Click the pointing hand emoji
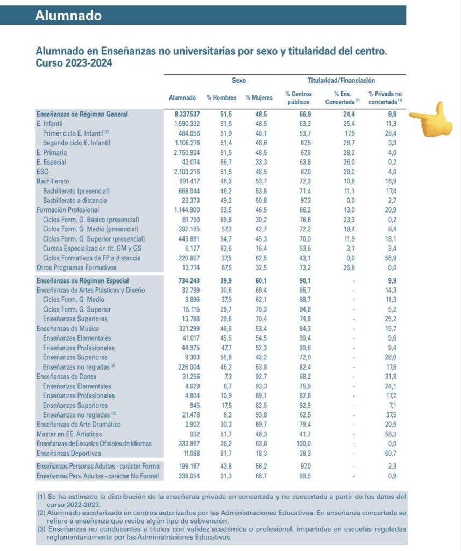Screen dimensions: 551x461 point(432,119)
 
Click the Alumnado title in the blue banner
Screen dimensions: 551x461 point(68,16)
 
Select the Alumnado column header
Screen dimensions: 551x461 point(182,98)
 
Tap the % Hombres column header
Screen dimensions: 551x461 point(221,98)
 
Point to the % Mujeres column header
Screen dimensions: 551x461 point(259,98)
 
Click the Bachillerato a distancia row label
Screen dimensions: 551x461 point(76,200)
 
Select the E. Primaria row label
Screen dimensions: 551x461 point(52,152)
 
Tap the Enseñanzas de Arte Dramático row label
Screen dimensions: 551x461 point(78,425)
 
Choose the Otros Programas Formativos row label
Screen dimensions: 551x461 point(76,267)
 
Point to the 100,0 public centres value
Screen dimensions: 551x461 point(302,443)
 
